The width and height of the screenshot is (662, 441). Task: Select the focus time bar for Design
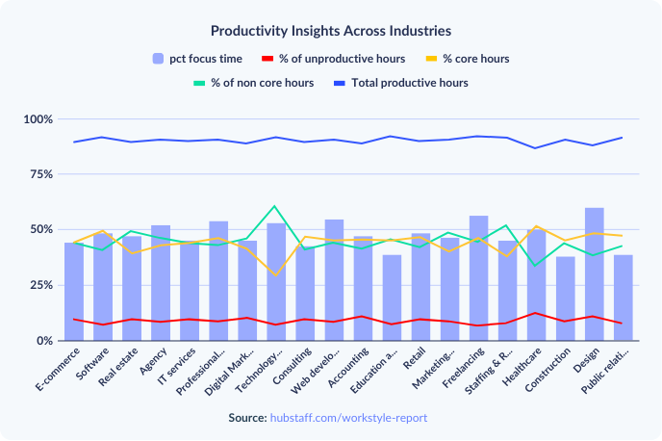pos(595,274)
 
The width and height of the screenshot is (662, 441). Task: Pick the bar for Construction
pos(566,298)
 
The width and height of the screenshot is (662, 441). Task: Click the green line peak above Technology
pos(276,206)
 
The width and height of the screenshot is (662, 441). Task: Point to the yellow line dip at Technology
pos(276,275)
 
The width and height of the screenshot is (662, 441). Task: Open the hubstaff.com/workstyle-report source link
pos(347,418)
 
